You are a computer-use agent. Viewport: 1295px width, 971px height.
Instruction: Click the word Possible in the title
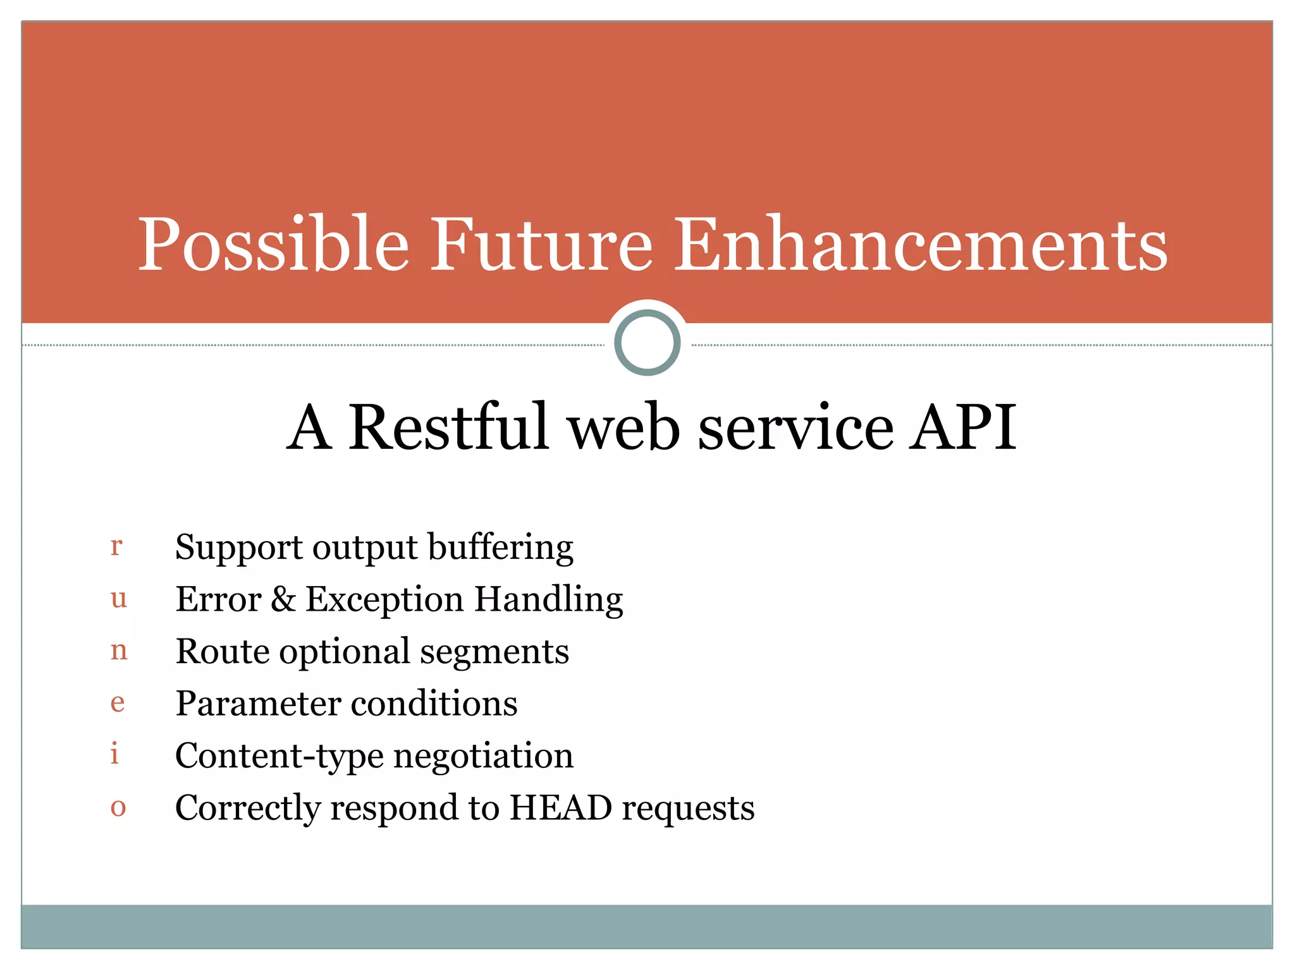tap(273, 245)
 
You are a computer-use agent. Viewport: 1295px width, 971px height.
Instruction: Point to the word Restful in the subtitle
tap(449, 428)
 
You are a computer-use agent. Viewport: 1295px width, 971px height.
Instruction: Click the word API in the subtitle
tap(962, 428)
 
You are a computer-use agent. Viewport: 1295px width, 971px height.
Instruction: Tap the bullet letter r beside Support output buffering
tap(116, 546)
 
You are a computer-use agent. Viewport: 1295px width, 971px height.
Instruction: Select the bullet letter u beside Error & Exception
tap(118, 598)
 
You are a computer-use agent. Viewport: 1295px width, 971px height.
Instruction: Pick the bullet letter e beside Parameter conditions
tap(118, 702)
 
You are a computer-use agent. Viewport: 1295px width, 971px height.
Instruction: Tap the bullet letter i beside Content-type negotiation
tap(114, 754)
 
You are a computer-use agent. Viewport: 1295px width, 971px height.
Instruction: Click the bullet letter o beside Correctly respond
tap(118, 807)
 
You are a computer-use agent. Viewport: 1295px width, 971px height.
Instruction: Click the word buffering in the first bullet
tap(500, 547)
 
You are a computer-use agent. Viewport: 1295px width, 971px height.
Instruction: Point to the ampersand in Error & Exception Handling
tap(283, 599)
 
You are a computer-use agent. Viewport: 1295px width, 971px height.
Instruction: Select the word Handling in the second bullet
tap(548, 600)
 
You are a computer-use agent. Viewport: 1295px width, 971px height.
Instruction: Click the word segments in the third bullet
tap(494, 652)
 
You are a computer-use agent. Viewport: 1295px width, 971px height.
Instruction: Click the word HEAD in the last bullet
tap(561, 808)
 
